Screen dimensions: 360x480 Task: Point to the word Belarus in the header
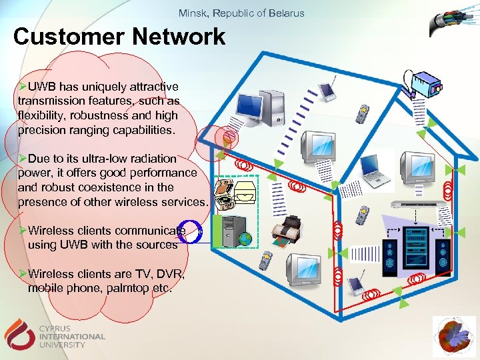point(287,13)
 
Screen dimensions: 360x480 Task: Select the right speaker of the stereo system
point(441,252)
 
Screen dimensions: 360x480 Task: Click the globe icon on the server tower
point(246,238)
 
